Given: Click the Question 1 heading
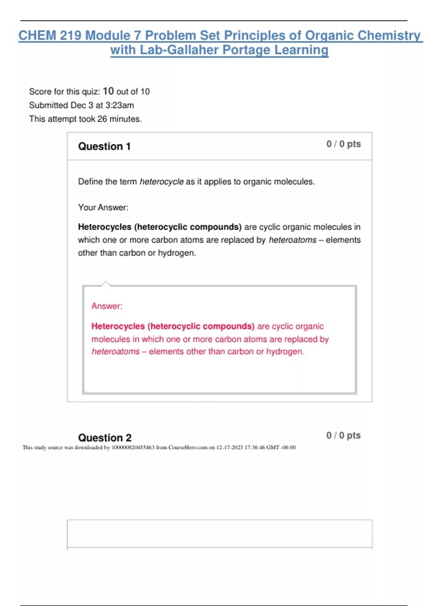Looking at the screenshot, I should point(104,147).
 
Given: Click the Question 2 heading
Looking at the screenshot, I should point(105,438).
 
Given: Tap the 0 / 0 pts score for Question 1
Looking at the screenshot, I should point(343,144).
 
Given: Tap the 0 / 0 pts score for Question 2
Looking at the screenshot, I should point(343,436).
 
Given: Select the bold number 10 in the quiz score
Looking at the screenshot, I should point(108,91).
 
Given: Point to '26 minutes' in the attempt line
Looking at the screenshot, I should point(119,119).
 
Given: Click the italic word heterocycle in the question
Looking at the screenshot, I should point(162,182).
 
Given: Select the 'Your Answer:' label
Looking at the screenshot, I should point(103,207).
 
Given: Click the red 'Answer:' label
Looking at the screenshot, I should point(107,306).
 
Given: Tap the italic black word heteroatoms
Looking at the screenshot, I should point(292,240).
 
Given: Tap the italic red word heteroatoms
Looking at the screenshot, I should point(116,352).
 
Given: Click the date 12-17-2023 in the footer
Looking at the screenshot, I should point(229,448).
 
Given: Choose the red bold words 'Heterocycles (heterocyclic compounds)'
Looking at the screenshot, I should point(173,327).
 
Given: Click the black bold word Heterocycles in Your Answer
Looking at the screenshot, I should point(105,227).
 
